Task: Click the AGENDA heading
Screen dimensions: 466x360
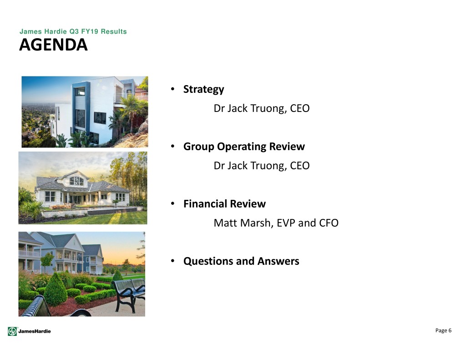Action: coord(54,45)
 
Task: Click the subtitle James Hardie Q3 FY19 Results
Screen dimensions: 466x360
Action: coord(73,31)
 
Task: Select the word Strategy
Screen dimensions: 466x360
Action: coord(203,89)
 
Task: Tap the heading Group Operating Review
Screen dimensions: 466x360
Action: coord(244,147)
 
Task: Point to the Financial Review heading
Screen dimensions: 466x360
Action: coord(224,204)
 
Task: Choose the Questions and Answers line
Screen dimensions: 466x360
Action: coord(241,261)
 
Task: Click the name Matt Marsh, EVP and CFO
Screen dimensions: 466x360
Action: coord(276,223)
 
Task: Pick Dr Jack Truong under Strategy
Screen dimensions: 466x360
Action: coord(250,108)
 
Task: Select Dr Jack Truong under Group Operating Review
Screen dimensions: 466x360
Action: coord(250,166)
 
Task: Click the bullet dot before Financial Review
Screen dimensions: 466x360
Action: coord(172,203)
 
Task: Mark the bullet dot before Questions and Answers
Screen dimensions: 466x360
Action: coord(172,261)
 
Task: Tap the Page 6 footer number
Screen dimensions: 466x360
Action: coord(443,330)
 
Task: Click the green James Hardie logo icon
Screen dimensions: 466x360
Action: coord(12,331)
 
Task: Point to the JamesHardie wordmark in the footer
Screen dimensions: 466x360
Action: coord(35,331)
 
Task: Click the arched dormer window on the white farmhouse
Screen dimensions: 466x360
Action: coord(76,181)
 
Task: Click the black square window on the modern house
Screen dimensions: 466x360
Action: coord(100,118)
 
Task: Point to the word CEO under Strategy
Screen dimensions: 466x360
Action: coord(299,108)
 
